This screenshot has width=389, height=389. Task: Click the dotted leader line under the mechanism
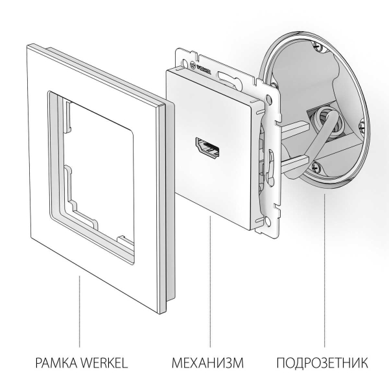pos(209,285)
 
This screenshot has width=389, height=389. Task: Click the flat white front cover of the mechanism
pos(201,182)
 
